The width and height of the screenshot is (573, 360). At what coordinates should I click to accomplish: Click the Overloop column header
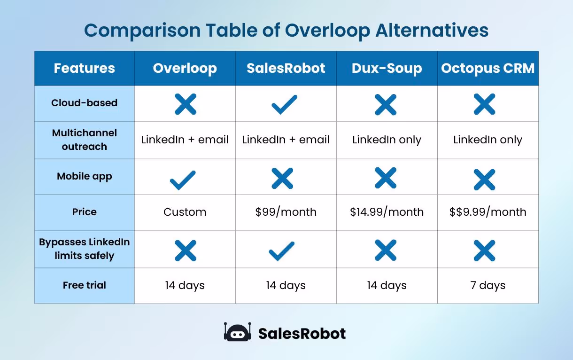(x=185, y=69)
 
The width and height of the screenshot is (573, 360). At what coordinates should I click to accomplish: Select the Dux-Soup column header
(x=387, y=69)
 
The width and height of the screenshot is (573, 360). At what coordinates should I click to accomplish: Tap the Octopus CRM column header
(x=488, y=69)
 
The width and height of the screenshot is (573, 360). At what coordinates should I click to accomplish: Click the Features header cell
(x=85, y=69)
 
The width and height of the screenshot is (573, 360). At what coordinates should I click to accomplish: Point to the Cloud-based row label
(x=85, y=103)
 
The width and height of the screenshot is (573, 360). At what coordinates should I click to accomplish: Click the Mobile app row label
(x=85, y=177)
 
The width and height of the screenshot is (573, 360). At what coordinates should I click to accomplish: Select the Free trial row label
(x=85, y=285)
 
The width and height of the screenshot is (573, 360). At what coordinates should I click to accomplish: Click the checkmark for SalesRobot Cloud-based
(x=285, y=104)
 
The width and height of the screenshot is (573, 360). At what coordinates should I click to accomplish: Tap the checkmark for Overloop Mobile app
(x=183, y=180)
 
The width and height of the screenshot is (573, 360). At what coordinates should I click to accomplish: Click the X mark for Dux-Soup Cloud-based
(x=386, y=104)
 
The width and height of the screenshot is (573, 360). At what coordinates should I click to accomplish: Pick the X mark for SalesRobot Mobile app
(x=283, y=179)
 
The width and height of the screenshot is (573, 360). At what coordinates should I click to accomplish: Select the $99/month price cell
(x=286, y=212)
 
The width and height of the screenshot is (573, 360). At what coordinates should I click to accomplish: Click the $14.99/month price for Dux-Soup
(x=387, y=212)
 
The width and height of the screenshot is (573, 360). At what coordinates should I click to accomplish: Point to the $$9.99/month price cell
(x=488, y=212)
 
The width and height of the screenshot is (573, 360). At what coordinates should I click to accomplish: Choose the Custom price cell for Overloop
(x=185, y=212)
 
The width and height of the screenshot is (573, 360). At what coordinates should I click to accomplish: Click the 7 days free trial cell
(x=488, y=285)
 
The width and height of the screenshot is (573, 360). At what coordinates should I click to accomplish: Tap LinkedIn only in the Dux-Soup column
(x=387, y=140)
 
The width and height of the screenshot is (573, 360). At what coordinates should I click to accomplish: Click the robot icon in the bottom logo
(x=237, y=333)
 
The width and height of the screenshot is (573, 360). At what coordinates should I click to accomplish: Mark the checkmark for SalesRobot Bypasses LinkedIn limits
(x=282, y=251)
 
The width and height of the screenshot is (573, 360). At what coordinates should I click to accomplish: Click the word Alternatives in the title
(x=432, y=31)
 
